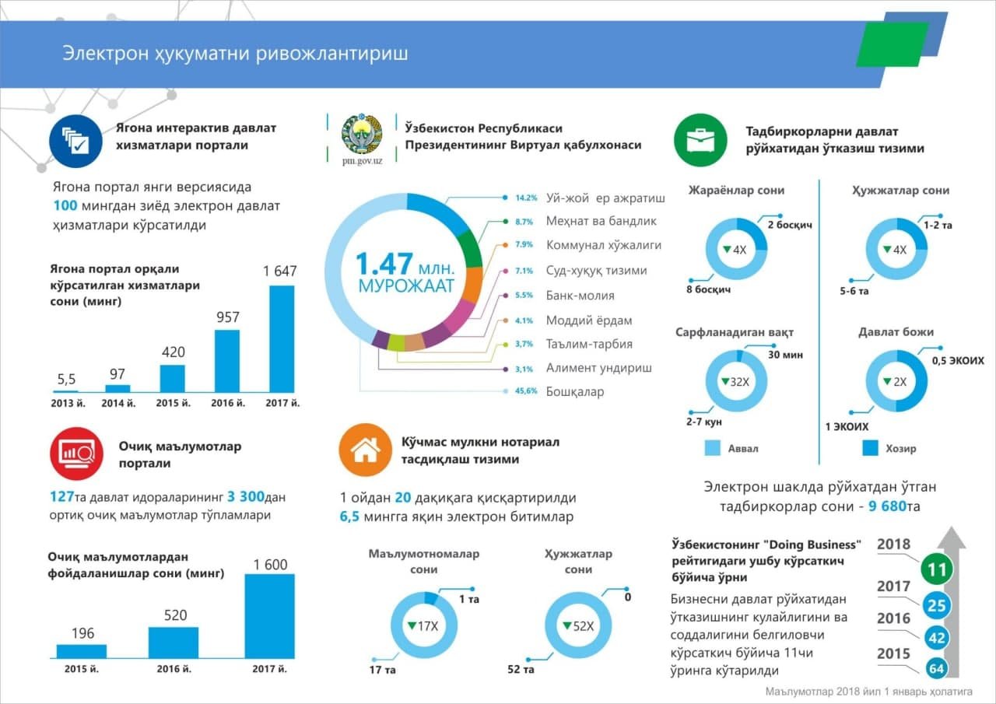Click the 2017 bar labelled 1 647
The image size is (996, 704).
(x=282, y=338)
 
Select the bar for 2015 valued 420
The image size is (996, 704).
(x=173, y=378)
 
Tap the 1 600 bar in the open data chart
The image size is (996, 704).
(x=269, y=616)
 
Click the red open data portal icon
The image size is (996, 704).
(x=75, y=454)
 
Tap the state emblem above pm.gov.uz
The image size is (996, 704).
(x=362, y=134)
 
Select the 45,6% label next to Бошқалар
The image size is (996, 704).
(x=526, y=391)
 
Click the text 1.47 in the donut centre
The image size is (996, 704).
(x=385, y=263)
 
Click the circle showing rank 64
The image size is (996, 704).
(x=937, y=668)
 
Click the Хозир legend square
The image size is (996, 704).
(x=871, y=448)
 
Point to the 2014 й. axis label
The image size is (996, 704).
(x=118, y=403)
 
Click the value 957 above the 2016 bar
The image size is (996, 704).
(x=228, y=317)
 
